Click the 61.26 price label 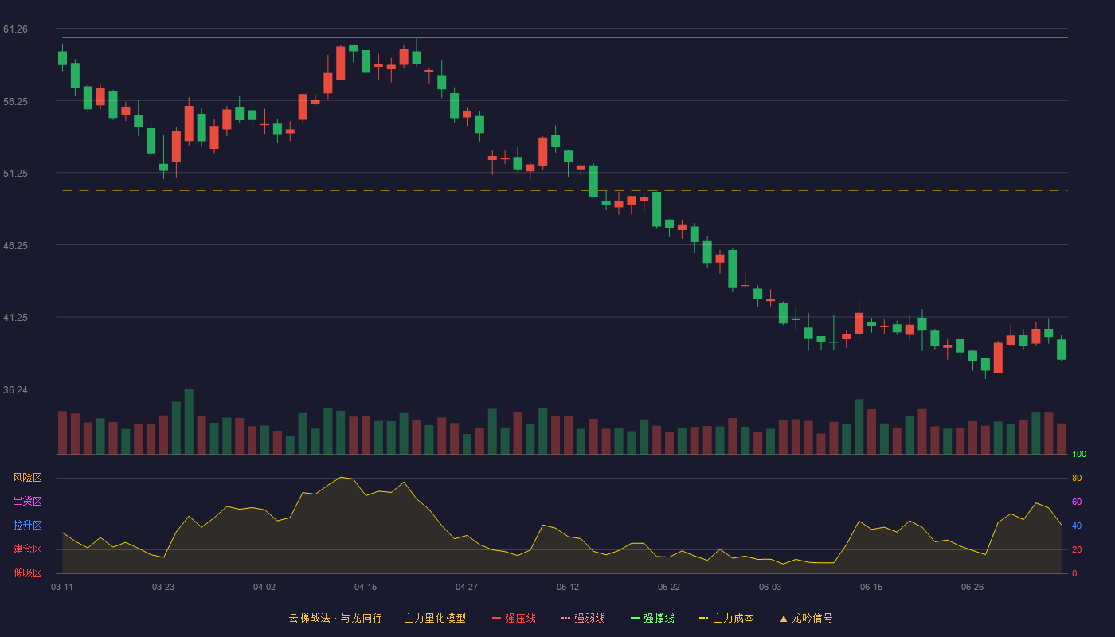[x=15, y=29]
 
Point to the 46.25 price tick [x=15, y=246]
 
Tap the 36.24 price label [x=15, y=389]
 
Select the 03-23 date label [x=163, y=588]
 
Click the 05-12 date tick [x=567, y=588]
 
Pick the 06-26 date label [x=972, y=588]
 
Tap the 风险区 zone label [x=27, y=478]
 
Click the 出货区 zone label [x=27, y=501]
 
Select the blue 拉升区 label [x=27, y=525]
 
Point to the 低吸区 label [x=27, y=573]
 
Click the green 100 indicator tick [x=1079, y=454]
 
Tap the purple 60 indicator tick [x=1077, y=502]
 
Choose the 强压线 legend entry [x=514, y=618]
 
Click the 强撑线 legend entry [x=652, y=618]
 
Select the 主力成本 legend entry [x=726, y=618]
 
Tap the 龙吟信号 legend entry [x=806, y=618]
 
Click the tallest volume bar [x=190, y=421]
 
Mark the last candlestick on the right [x=1061, y=350]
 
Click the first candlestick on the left [x=62, y=57]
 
